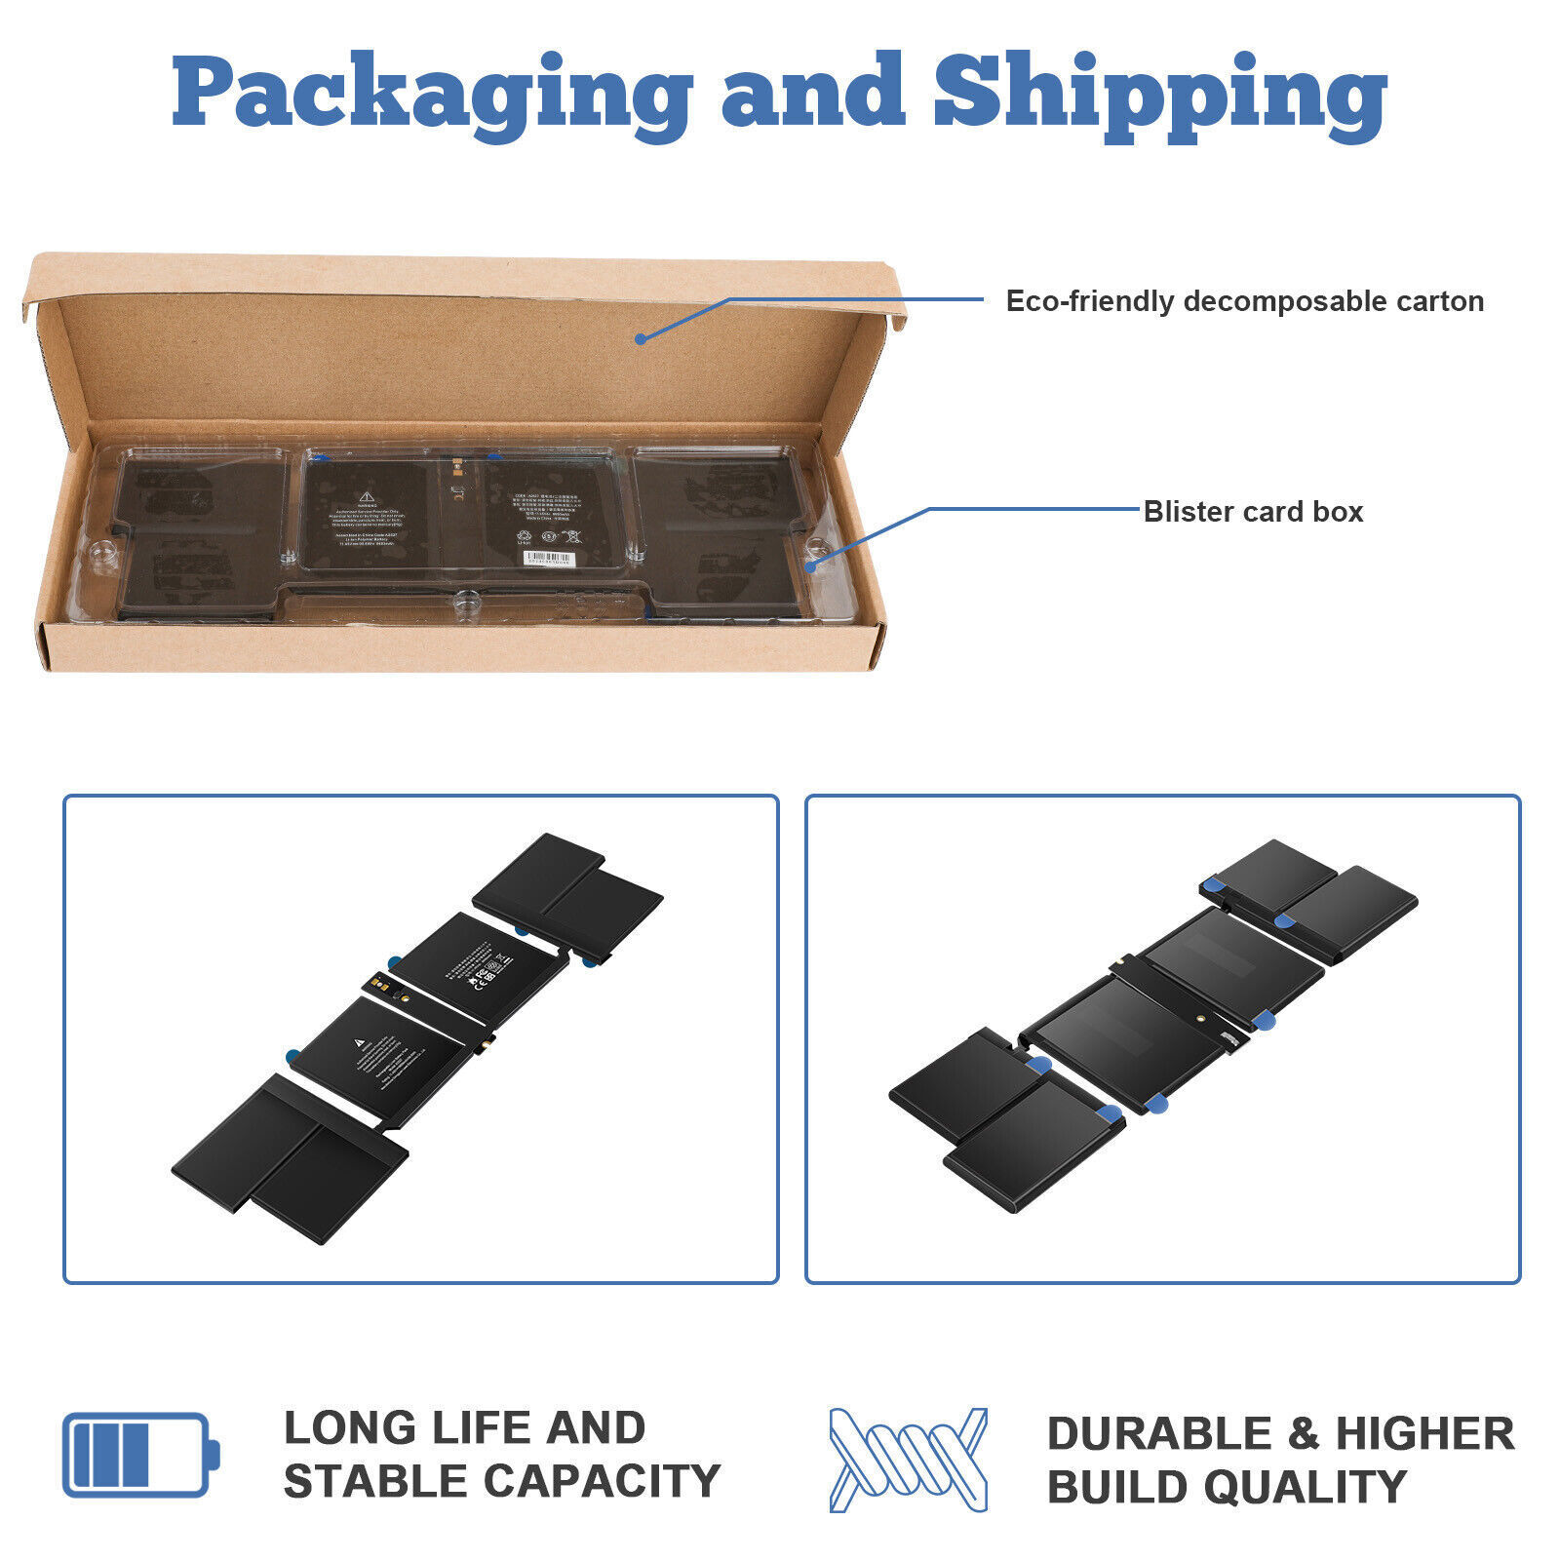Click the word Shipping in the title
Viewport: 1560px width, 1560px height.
coord(1160,93)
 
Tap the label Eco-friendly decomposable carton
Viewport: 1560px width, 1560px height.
coord(1244,301)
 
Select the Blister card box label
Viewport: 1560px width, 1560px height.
coord(1253,512)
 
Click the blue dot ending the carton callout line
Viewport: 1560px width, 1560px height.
coord(641,338)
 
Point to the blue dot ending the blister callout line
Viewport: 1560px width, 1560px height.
coord(810,565)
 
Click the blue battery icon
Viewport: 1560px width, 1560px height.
coord(140,1454)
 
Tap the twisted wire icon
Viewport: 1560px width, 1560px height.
coord(908,1460)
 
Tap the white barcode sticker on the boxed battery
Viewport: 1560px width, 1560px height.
coord(551,559)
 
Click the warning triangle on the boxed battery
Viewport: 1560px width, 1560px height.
coord(364,494)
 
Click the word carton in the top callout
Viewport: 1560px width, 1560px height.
coord(1440,301)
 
